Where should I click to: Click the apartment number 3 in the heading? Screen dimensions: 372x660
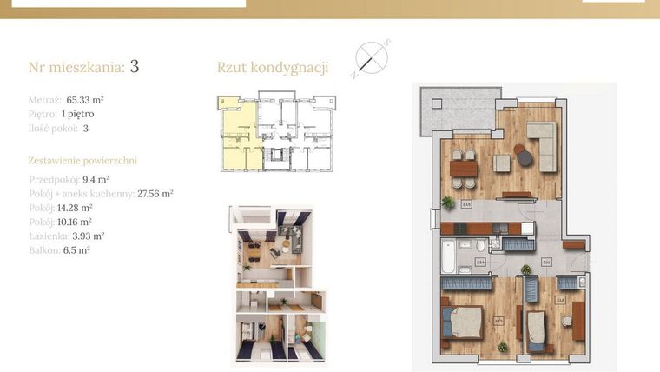[x=135, y=66]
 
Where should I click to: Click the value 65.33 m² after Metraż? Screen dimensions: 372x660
[x=85, y=100]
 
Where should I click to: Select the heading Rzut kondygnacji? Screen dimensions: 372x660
[x=272, y=68]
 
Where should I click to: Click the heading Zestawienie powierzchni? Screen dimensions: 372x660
[x=82, y=161]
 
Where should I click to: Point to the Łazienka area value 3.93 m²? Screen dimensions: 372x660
[x=87, y=236]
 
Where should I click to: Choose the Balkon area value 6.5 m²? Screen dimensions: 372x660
[x=76, y=249]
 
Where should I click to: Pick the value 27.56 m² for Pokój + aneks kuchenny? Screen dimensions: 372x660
[x=155, y=194]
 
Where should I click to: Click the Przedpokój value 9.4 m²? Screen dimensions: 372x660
[x=96, y=180]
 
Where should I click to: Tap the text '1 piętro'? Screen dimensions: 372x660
[x=77, y=114]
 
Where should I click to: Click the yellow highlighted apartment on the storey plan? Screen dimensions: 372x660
[x=236, y=139]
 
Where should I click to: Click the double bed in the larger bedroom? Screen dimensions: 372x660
[x=463, y=322]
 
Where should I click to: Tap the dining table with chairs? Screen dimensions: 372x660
[x=464, y=168]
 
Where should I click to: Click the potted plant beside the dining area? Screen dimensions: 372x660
[x=447, y=202]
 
